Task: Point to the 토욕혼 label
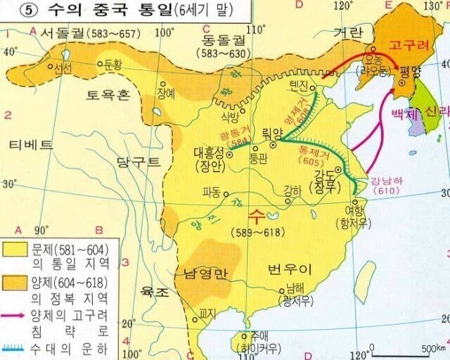pyautogui.click(x=108, y=94)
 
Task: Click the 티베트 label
pyautogui.click(x=31, y=145)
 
